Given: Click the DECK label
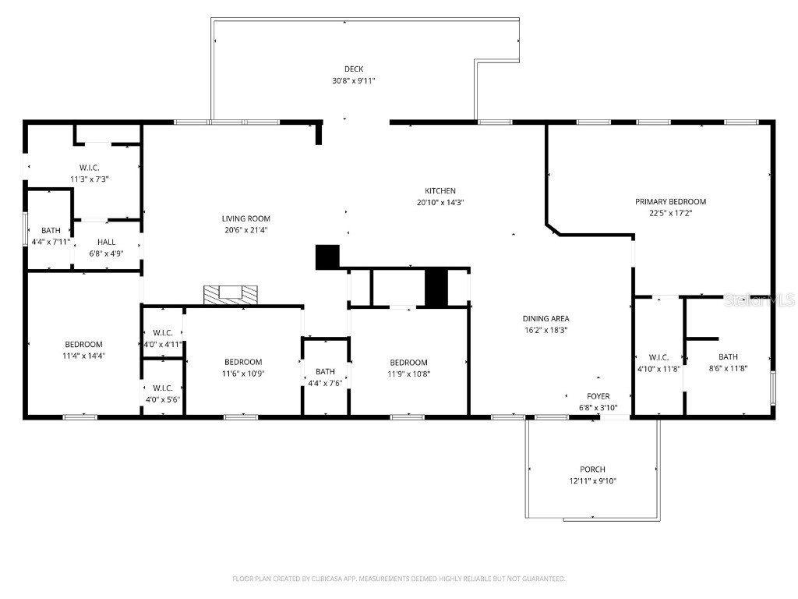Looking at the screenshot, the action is (x=354, y=69).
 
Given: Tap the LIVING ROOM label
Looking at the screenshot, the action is (x=245, y=218).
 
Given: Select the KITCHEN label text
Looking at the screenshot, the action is (x=440, y=191).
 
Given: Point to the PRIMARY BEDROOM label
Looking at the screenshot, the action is (x=670, y=202).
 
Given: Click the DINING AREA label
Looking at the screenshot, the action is (x=546, y=319).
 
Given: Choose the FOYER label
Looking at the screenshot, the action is (x=598, y=396).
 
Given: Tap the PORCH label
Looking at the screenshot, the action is (x=592, y=470).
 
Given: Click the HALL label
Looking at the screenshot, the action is (x=106, y=242).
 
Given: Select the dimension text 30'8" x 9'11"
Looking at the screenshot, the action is (x=354, y=80).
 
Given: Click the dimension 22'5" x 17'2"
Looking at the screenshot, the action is (x=670, y=214).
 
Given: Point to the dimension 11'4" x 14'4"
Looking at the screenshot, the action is (x=83, y=356).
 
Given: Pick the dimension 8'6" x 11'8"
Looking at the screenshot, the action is (x=728, y=368).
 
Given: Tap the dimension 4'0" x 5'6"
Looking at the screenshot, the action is (x=163, y=400).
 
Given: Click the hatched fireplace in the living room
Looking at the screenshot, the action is (x=231, y=295).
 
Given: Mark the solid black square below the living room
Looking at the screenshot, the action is (x=327, y=257).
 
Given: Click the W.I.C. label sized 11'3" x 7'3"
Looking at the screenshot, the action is (x=90, y=168).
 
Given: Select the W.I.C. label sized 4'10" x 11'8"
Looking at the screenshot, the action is (x=659, y=357).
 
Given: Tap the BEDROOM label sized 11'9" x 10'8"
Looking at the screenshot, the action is (x=408, y=363).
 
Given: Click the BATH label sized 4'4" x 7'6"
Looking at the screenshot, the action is (x=325, y=372).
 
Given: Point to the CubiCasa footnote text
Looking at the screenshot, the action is (x=398, y=579).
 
